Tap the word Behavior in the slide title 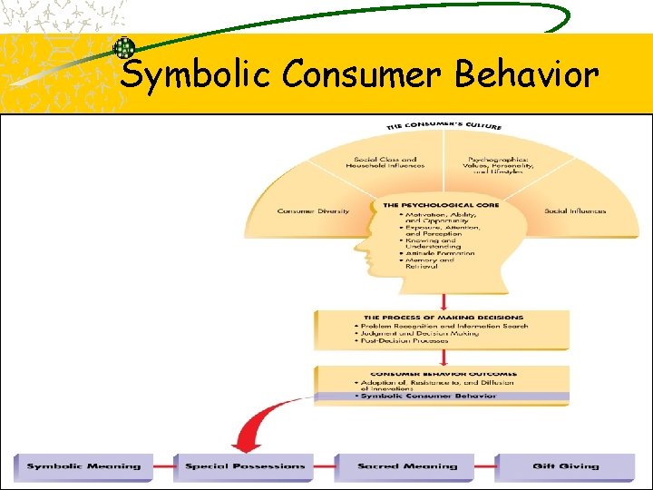(526, 74)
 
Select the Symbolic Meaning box (83, 466)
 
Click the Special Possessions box (245, 466)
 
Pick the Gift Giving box (565, 466)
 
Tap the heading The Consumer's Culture (443, 125)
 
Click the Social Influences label (575, 211)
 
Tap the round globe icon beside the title (123, 48)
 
